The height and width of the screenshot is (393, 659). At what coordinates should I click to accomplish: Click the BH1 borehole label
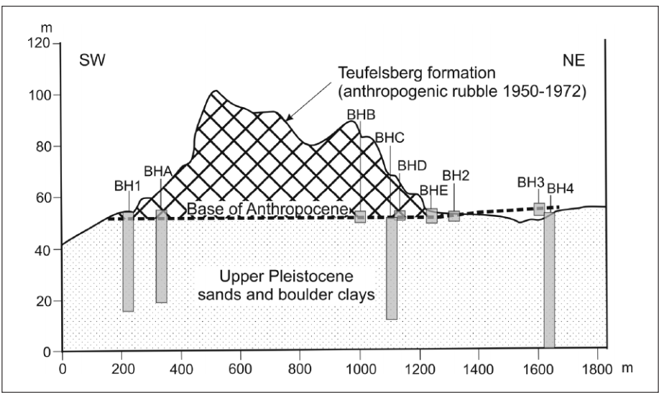pyautogui.click(x=127, y=186)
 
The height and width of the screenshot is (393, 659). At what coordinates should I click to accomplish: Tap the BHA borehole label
pyautogui.click(x=158, y=172)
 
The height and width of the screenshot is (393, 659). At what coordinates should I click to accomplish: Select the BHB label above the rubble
pyautogui.click(x=361, y=115)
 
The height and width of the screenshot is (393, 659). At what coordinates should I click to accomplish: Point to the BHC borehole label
pyautogui.click(x=390, y=137)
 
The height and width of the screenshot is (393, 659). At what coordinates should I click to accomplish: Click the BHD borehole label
pyautogui.click(x=413, y=166)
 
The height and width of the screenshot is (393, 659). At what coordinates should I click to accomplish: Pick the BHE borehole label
pyautogui.click(x=434, y=190)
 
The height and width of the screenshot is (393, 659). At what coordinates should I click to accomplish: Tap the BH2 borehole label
pyautogui.click(x=456, y=175)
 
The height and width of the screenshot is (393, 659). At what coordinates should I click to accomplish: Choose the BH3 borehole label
pyautogui.click(x=531, y=182)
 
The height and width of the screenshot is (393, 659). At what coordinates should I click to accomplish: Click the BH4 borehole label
pyautogui.click(x=561, y=189)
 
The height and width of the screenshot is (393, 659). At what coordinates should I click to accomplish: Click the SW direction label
pyautogui.click(x=92, y=60)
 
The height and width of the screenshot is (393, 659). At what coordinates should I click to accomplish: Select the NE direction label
pyautogui.click(x=573, y=60)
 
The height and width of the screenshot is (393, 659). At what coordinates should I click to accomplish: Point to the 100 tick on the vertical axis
pyautogui.click(x=39, y=95)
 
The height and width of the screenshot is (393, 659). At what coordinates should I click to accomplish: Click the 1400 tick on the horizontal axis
pyautogui.click(x=479, y=369)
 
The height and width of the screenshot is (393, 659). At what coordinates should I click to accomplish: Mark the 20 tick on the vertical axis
pyautogui.click(x=42, y=301)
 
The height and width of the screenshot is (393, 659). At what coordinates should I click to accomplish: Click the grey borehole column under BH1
pyautogui.click(x=128, y=262)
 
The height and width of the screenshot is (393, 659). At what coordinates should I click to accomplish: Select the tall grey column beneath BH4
pyautogui.click(x=549, y=280)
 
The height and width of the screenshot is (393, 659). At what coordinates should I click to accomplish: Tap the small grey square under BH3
pyautogui.click(x=539, y=209)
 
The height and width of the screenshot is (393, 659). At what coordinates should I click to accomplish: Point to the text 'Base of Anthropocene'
pyautogui.click(x=268, y=209)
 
